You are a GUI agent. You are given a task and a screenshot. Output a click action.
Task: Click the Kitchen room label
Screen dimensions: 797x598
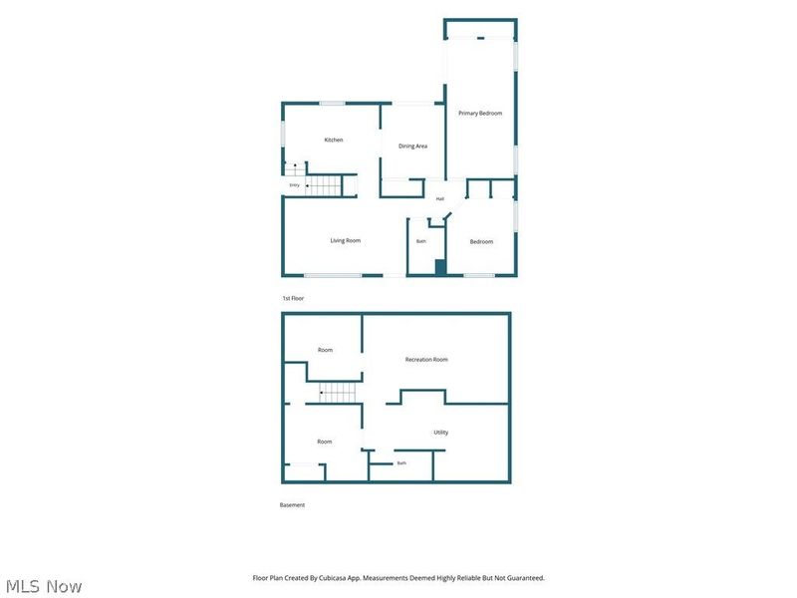pyautogui.click(x=334, y=140)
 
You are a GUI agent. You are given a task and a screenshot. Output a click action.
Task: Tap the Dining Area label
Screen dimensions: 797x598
pyautogui.click(x=412, y=146)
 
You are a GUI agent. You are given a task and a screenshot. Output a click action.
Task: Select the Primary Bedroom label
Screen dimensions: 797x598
pyautogui.click(x=480, y=113)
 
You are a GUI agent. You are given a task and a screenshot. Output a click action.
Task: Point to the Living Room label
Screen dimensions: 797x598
pyautogui.click(x=346, y=240)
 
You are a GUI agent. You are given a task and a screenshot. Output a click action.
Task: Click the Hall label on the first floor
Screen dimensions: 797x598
pyautogui.click(x=440, y=198)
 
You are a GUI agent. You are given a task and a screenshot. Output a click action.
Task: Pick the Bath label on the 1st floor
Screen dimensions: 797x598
pyautogui.click(x=421, y=241)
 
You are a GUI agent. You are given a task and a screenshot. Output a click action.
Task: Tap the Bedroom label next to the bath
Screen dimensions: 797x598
pyautogui.click(x=481, y=241)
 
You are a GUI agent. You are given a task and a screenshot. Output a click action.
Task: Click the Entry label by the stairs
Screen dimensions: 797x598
pyautogui.click(x=294, y=185)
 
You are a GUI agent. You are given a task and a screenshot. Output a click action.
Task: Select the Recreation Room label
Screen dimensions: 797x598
pyautogui.click(x=426, y=360)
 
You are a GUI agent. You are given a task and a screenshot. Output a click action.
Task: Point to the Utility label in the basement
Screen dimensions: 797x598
pyautogui.click(x=440, y=433)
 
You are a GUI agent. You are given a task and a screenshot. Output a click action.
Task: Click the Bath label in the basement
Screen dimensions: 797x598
pyautogui.click(x=401, y=462)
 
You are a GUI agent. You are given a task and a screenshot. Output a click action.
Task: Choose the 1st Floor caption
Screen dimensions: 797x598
pyautogui.click(x=293, y=298)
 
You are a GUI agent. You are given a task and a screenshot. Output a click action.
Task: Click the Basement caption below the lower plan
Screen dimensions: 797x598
pyautogui.click(x=292, y=505)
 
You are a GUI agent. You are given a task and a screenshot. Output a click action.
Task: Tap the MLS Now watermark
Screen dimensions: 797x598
pyautogui.click(x=44, y=586)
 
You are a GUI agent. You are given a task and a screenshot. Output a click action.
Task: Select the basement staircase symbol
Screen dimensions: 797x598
pyautogui.click(x=338, y=393)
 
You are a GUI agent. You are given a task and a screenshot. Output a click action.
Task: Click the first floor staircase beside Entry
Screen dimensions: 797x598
pyautogui.click(x=323, y=185)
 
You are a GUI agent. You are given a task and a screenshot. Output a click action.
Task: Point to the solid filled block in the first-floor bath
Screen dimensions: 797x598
pyautogui.click(x=440, y=267)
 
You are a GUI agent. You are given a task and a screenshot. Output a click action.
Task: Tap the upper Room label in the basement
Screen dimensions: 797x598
pyautogui.click(x=326, y=350)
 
